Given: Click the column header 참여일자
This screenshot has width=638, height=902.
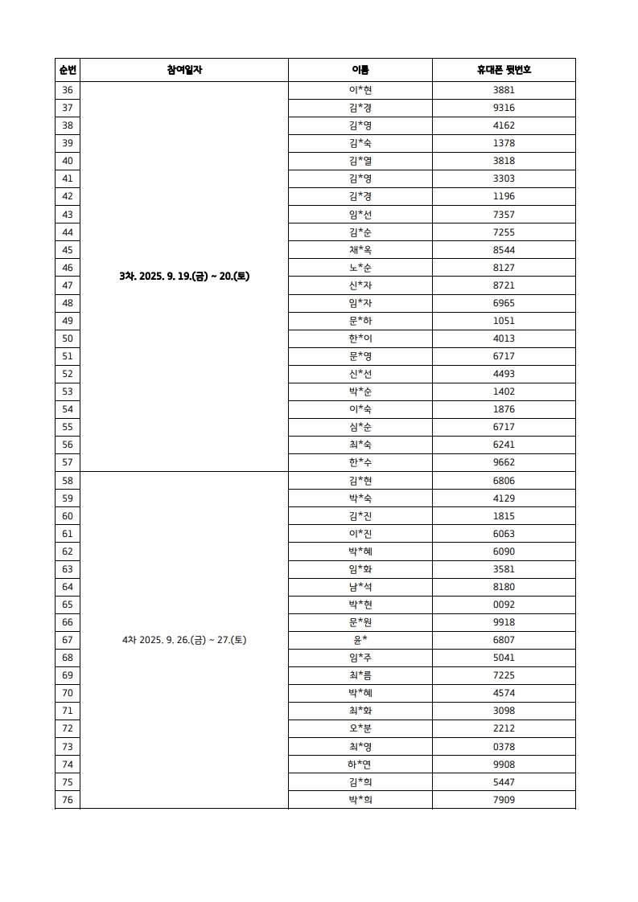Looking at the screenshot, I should [184, 70].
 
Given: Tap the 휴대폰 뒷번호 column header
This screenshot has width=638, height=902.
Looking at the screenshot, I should [504, 70].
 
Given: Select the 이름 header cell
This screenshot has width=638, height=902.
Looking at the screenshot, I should [360, 70].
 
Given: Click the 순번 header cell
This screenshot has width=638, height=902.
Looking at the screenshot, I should [68, 70].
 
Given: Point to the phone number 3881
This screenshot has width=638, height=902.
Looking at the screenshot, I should [504, 90].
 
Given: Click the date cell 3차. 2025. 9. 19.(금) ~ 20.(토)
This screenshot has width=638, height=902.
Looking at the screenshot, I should [184, 277].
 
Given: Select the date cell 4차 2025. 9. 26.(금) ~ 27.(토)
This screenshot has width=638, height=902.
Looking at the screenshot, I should [184, 640].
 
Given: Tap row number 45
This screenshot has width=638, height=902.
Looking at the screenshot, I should [68, 250].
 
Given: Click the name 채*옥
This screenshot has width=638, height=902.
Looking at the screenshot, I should [360, 250].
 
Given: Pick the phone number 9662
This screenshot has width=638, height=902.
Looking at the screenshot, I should [504, 462].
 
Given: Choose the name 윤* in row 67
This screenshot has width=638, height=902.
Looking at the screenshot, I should [360, 640].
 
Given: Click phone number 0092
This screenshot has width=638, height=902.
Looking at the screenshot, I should [504, 605].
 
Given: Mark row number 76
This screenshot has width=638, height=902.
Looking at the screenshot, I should [68, 799].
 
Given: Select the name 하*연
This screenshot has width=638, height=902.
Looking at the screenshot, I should [360, 764].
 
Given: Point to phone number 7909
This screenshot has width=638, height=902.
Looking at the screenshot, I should [504, 799].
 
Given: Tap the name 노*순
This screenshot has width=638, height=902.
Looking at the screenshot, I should [360, 268].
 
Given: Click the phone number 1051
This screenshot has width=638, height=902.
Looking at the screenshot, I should [504, 321].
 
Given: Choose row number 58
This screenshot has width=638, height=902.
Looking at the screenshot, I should [68, 481].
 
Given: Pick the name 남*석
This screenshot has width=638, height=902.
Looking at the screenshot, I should [360, 587].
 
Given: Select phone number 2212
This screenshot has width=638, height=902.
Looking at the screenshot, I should [504, 728].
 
